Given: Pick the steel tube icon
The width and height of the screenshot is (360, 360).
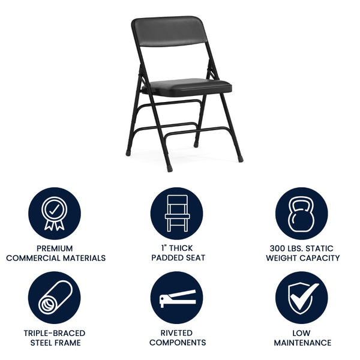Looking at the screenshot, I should click(55, 298).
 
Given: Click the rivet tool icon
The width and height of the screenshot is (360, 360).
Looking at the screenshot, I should click(177, 298).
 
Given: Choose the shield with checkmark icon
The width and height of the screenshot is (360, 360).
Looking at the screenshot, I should click(302, 298).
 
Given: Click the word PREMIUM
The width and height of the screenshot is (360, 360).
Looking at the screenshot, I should click(55, 248).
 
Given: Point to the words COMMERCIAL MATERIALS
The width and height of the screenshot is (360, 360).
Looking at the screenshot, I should click(56, 258).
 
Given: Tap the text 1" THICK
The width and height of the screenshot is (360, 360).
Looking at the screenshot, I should click(178, 248).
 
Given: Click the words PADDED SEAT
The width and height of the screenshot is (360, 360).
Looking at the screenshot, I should click(178, 258).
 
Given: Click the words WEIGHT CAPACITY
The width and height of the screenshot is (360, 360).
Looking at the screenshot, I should click(302, 258).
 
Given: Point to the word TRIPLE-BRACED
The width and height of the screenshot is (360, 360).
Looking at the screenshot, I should click(55, 333).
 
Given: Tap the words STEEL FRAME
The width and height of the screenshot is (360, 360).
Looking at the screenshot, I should click(55, 343).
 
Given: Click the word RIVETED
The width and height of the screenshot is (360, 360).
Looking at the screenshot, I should click(177, 333).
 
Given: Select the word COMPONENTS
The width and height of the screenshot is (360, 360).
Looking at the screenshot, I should click(178, 343).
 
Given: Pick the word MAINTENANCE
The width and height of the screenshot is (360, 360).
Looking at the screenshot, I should click(302, 343).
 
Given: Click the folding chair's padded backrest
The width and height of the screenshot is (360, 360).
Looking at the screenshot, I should click(170, 31).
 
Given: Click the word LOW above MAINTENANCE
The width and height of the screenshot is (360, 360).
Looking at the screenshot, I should click(302, 333).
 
